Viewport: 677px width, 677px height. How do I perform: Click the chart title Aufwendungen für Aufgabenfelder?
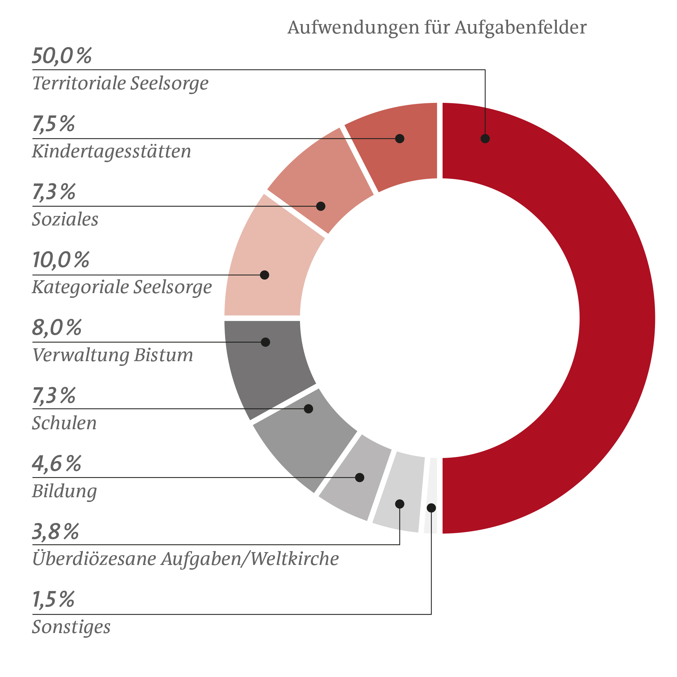[437, 27]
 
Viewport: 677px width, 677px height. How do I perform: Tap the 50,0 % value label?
[62, 56]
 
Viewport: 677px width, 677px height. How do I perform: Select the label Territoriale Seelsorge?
[120, 83]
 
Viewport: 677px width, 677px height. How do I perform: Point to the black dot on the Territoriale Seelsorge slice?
[485, 139]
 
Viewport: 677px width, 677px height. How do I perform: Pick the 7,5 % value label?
[53, 124]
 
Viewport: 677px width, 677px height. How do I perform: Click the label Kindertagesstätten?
[111, 151]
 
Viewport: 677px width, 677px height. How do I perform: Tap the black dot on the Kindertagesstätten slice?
[400, 139]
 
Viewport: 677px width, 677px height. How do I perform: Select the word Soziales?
[65, 219]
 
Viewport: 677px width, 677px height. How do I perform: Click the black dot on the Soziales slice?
[321, 206]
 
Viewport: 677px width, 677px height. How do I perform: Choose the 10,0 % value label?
[61, 260]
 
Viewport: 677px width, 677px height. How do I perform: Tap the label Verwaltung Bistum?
[112, 355]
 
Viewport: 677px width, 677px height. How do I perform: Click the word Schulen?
[64, 423]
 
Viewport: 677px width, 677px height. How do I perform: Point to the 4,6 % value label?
[57, 464]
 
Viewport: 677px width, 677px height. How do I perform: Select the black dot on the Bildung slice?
[359, 478]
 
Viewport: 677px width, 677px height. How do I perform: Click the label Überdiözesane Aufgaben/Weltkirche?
[185, 559]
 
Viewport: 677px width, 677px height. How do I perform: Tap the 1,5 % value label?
[53, 599]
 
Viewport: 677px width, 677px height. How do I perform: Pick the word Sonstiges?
[71, 627]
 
